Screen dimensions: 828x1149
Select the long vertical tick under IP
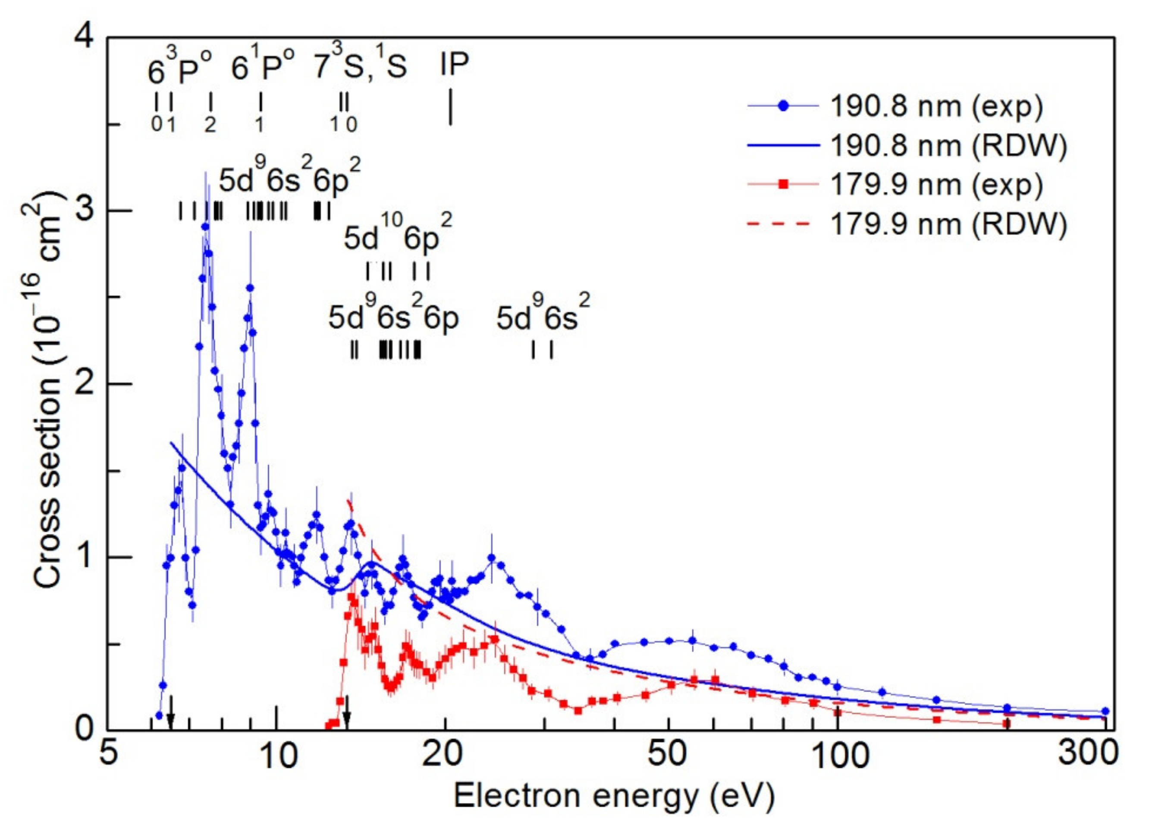450,107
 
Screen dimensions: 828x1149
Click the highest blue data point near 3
205,227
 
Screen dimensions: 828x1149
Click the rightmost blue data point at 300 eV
1105,711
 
